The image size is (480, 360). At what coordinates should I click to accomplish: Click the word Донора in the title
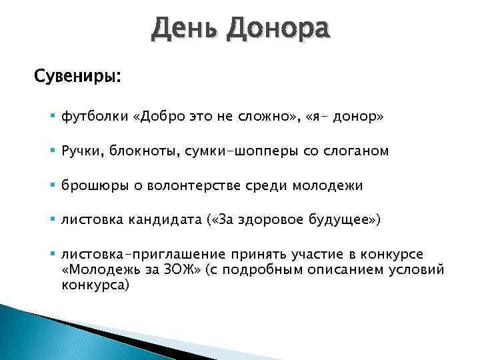278,31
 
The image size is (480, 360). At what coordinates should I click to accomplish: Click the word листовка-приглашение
143,255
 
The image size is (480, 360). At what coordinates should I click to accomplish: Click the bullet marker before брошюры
53,186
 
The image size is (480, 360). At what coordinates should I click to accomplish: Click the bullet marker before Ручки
53,151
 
